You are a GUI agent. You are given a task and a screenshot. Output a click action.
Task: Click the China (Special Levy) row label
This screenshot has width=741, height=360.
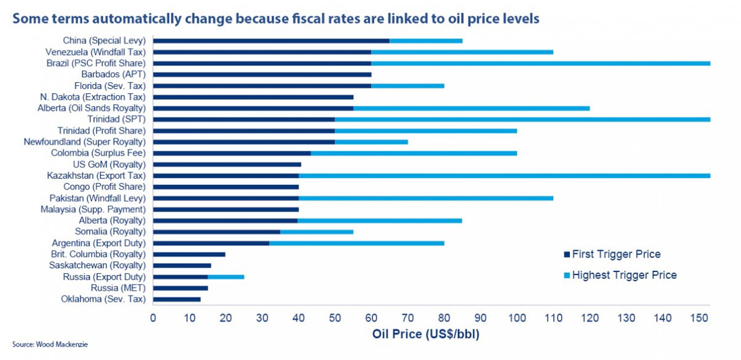[104, 40]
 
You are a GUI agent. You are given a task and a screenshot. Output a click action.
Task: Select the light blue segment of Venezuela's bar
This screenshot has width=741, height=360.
[462, 52]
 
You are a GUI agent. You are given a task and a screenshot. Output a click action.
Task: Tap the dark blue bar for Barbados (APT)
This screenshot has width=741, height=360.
[262, 75]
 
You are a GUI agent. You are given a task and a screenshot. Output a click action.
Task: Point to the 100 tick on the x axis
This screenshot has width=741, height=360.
[517, 318]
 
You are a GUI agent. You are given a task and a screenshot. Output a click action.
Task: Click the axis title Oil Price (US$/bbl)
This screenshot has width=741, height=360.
[426, 334]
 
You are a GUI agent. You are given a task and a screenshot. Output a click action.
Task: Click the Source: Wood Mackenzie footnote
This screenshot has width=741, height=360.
[50, 344]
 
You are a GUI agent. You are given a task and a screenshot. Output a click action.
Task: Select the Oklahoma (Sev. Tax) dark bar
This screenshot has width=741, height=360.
[177, 299]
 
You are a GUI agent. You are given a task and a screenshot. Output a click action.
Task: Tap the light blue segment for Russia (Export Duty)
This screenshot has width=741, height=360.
[226, 277]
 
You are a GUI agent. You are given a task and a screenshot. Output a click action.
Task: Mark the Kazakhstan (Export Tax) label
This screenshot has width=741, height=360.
[96, 175]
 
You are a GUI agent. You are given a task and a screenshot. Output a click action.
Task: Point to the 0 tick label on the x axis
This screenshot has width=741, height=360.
[153, 318]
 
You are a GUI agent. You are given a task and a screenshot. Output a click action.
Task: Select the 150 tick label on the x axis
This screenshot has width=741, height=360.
[699, 318]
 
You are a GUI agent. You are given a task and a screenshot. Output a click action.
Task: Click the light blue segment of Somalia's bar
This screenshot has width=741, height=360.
[317, 232]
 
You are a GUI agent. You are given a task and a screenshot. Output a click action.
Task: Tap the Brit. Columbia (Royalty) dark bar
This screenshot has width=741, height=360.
[189, 255]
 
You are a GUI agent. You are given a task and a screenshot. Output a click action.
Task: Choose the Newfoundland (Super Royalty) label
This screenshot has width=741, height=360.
[85, 142]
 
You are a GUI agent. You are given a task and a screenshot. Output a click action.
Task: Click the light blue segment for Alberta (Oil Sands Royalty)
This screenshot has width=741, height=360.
[471, 108]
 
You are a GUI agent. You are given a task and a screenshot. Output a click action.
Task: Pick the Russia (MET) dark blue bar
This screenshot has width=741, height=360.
[180, 288]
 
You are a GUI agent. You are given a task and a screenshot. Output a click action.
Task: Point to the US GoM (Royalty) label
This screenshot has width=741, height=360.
[109, 164]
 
